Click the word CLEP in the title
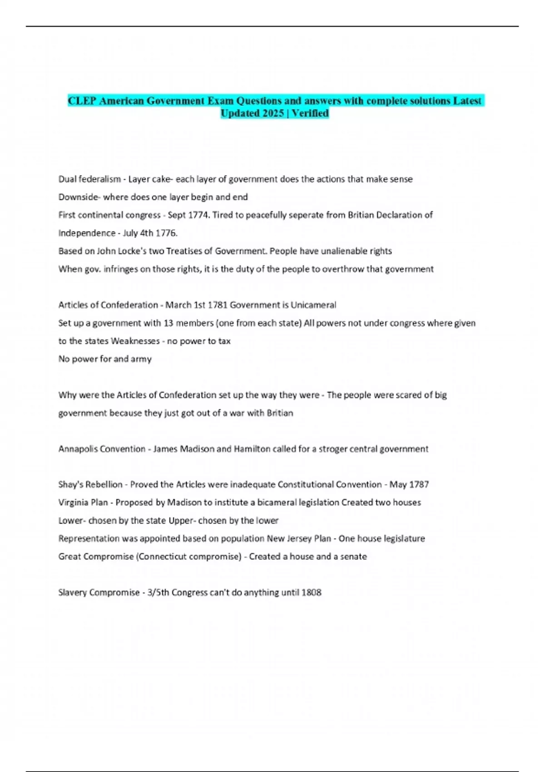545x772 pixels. point(82,101)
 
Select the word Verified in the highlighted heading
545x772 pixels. point(310,113)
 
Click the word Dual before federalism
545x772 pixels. point(67,179)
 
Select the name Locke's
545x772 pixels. point(134,251)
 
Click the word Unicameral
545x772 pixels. point(313,305)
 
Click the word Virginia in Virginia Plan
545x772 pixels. point(73,503)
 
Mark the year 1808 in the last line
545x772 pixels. point(311,593)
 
